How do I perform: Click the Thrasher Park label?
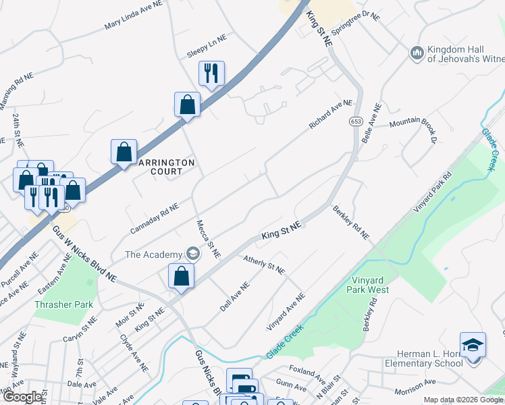tap(63, 304)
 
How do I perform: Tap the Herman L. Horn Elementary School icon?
tap(473, 344)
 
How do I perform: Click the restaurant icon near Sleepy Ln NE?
tap(211, 73)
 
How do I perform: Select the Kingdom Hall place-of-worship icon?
tap(417, 53)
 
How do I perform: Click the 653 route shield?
tap(356, 121)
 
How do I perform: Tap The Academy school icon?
tap(193, 254)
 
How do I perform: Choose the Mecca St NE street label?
tap(208, 239)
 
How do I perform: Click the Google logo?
tap(23, 397)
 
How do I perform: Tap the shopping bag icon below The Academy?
tap(181, 276)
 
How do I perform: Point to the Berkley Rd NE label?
tap(351, 222)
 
